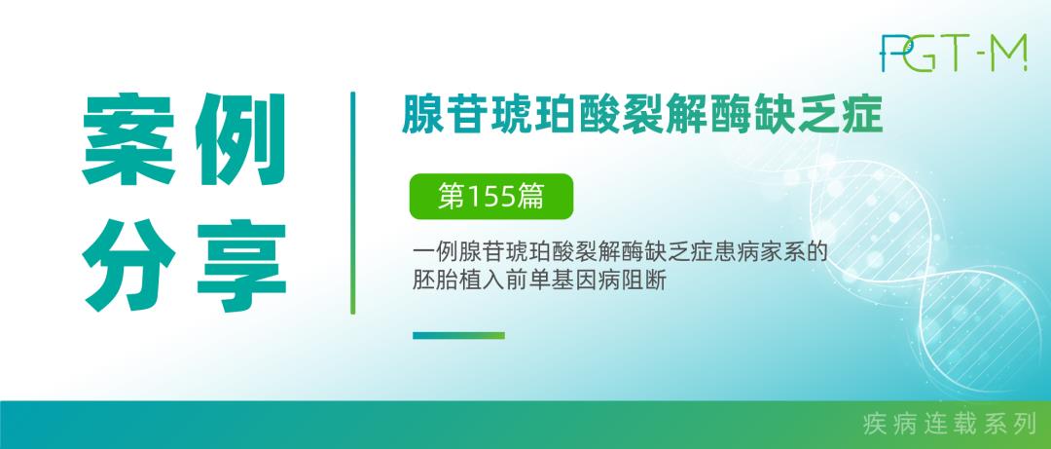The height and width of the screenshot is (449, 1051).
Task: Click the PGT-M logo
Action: [954, 53]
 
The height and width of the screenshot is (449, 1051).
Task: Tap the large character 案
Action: [128, 138]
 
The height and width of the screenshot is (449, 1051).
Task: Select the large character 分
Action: [128, 265]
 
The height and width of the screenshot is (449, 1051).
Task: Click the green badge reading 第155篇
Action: [491, 197]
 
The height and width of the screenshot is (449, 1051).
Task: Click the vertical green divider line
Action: [352, 203]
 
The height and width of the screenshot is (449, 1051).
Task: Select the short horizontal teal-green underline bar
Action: [458, 336]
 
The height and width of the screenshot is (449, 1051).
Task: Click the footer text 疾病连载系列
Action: [950, 425]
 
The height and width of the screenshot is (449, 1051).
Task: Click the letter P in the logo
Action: [892, 53]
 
